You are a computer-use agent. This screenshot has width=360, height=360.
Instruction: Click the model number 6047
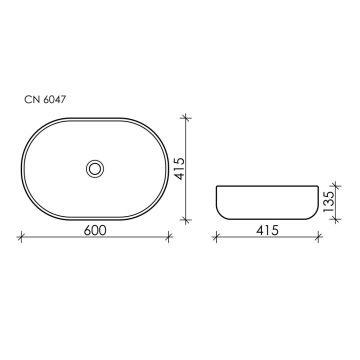point(55,100)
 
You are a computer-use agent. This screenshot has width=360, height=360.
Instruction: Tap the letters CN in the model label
point(32,100)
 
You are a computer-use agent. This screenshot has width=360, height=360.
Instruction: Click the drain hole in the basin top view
point(95,169)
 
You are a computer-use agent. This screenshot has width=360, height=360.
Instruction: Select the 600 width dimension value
point(95,230)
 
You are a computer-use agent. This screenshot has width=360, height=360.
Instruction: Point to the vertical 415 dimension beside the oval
point(180,169)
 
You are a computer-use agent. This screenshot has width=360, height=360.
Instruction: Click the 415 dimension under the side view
point(267,230)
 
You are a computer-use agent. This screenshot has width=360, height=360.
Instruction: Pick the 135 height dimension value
point(329,202)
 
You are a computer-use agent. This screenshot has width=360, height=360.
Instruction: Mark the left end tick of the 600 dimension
point(21,237)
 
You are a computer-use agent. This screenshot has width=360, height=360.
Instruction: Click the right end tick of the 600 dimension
point(169,237)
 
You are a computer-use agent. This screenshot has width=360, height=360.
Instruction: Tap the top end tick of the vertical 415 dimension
point(186,117)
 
